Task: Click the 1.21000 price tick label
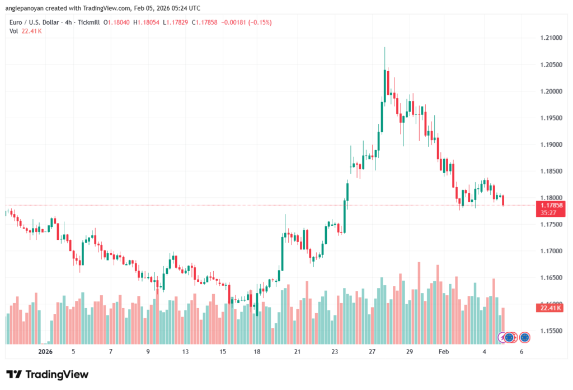click(551, 38)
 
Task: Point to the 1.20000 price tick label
click(551, 91)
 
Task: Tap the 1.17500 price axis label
click(551, 224)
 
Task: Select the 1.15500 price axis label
click(551, 331)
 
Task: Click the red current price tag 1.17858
click(552, 206)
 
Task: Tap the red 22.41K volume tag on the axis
click(552, 308)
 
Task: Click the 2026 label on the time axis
click(45, 351)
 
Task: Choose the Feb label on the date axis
click(444, 351)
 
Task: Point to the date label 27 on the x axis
click(372, 351)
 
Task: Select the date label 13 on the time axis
click(185, 351)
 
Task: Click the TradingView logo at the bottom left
click(48, 374)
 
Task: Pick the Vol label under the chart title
click(13, 31)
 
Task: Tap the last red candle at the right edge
click(504, 200)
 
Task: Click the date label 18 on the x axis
click(257, 351)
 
